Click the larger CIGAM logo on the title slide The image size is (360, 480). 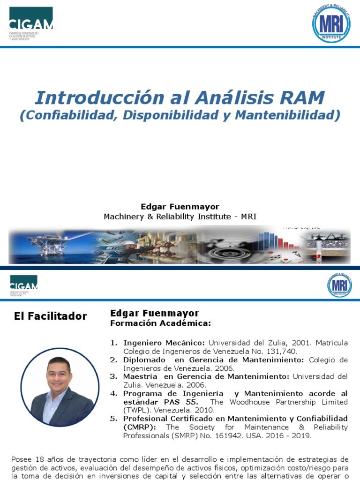point(31,23)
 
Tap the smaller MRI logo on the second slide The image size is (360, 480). point(339,285)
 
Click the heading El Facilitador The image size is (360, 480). point(51,316)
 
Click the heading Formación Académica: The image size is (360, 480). point(160,323)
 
